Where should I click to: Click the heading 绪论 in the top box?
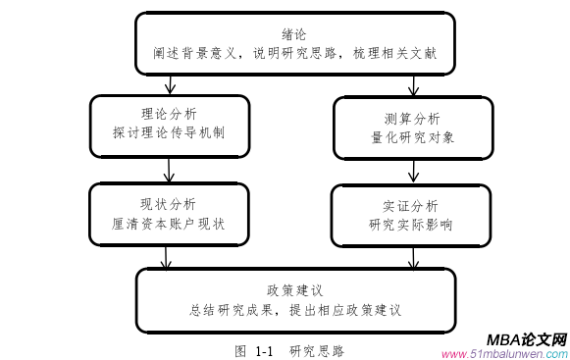[293, 32]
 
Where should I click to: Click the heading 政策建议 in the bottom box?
[294, 290]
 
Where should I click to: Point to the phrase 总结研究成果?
[228, 311]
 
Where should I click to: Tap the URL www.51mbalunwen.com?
[504, 354]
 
